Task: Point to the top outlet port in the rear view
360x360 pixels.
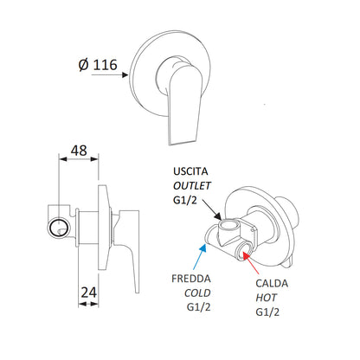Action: pyautogui.click(x=229, y=231)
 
